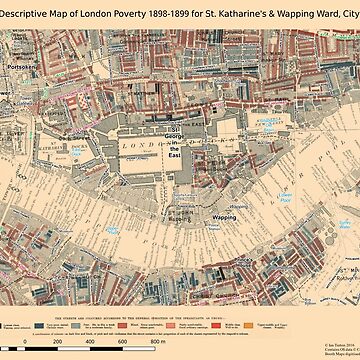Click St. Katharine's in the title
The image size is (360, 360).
tap(264, 9)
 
